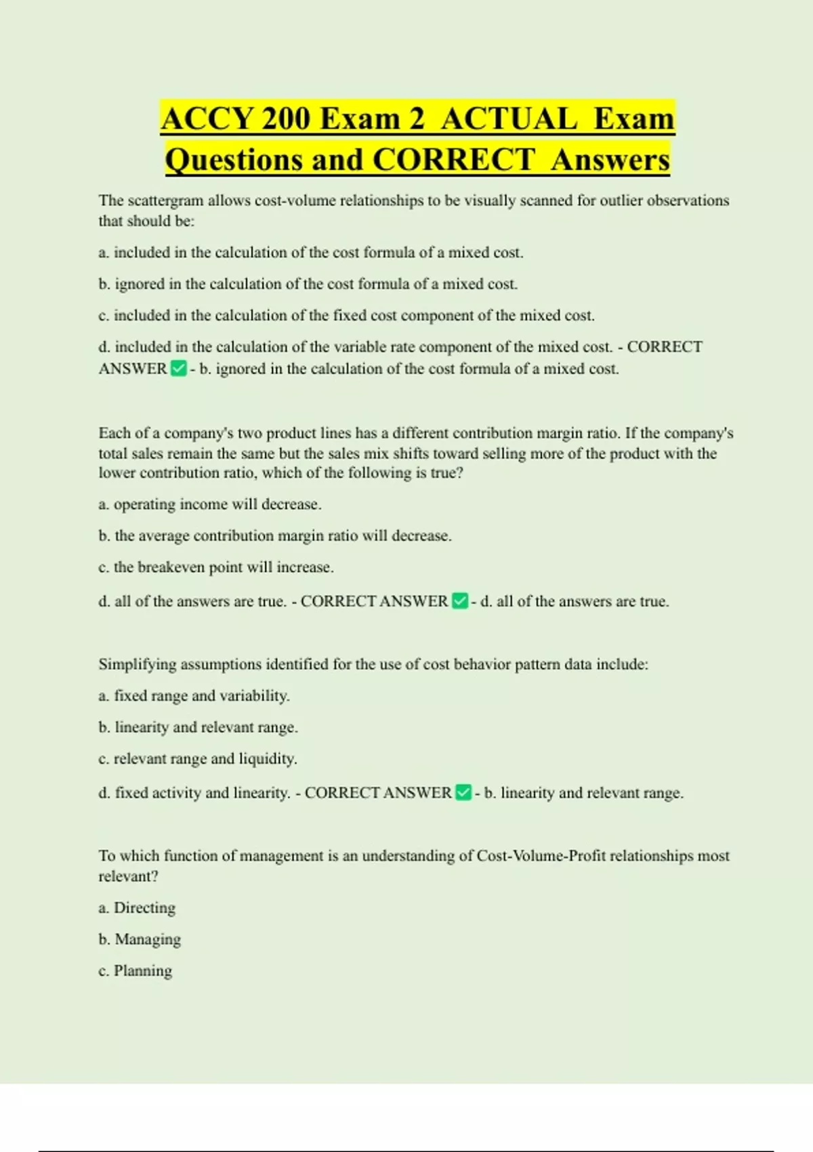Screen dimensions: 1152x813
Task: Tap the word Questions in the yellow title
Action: (x=233, y=160)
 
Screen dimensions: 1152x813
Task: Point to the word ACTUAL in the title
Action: (x=509, y=119)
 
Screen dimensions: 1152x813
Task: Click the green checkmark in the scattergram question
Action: (x=178, y=369)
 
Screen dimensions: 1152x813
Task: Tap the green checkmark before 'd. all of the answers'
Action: (x=460, y=601)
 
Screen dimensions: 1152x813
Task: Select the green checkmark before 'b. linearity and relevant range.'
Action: (x=463, y=792)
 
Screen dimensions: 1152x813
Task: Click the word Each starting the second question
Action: (x=112, y=433)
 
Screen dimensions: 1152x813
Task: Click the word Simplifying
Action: (x=137, y=664)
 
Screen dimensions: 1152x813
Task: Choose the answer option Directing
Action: (x=144, y=908)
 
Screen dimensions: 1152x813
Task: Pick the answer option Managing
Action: (x=148, y=939)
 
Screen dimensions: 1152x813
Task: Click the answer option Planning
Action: (x=143, y=970)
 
